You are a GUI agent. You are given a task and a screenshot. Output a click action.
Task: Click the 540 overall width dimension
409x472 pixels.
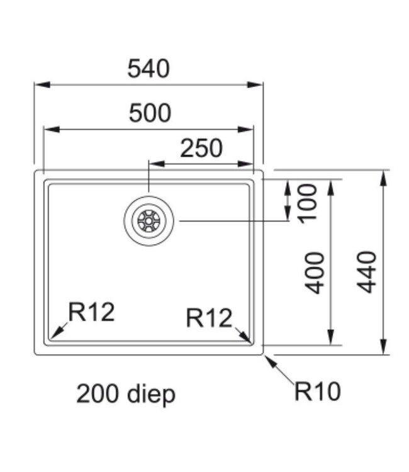point(148,69)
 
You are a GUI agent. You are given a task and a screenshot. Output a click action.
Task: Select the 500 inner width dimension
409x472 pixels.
point(150,113)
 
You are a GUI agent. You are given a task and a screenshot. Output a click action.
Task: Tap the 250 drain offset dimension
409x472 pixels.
point(201,149)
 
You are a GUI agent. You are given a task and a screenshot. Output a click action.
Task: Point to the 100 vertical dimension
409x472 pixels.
point(308,203)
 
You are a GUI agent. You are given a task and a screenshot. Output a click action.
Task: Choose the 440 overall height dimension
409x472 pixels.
point(366,271)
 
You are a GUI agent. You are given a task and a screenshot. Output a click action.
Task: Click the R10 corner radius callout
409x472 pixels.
point(317,392)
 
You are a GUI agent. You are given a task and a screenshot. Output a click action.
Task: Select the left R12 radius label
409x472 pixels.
point(91,312)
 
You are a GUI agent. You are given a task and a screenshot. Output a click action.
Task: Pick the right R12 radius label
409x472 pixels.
point(209,318)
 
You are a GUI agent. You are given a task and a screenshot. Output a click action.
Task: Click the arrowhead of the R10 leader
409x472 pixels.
point(269,359)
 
